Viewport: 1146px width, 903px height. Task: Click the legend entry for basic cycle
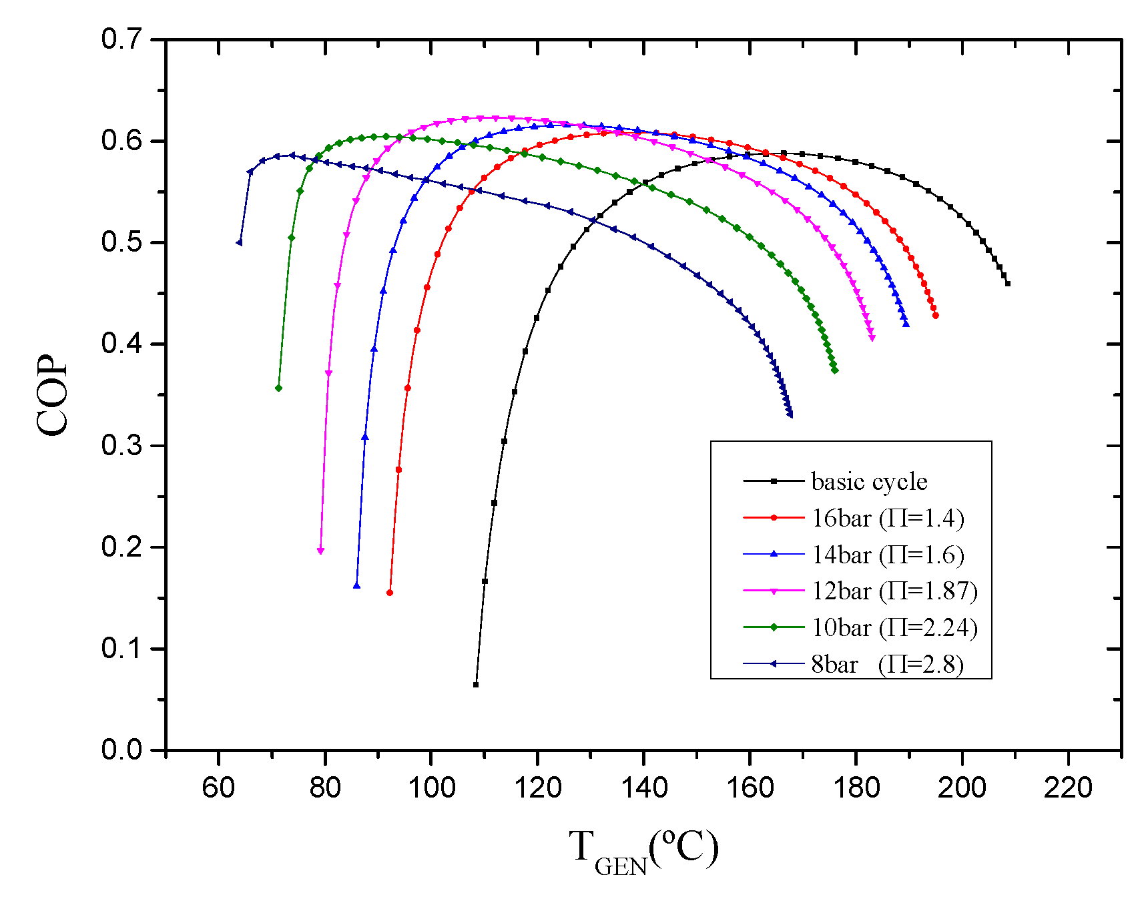point(868,482)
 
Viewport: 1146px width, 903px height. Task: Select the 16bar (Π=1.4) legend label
point(887,519)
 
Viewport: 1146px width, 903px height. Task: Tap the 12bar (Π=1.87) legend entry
point(894,591)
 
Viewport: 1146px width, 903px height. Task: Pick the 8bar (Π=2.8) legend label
point(887,665)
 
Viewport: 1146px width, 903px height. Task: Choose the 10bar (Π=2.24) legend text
point(894,628)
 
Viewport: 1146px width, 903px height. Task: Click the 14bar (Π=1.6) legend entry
point(887,555)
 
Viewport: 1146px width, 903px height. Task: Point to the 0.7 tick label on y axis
point(121,39)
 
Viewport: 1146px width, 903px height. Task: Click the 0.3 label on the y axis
point(121,445)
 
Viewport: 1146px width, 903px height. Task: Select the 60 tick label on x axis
point(218,788)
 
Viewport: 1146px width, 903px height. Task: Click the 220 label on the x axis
point(1068,788)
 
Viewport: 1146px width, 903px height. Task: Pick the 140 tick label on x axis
point(643,788)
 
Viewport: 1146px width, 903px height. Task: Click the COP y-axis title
point(52,394)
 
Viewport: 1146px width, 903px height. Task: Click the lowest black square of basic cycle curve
point(476,685)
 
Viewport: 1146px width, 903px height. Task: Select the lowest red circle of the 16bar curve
point(390,593)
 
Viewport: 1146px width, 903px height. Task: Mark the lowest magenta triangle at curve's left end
point(320,551)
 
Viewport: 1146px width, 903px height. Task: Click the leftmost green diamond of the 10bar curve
point(278,388)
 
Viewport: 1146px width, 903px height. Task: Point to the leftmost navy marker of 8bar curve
point(239,242)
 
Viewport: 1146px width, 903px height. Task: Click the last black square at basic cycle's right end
point(1008,284)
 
